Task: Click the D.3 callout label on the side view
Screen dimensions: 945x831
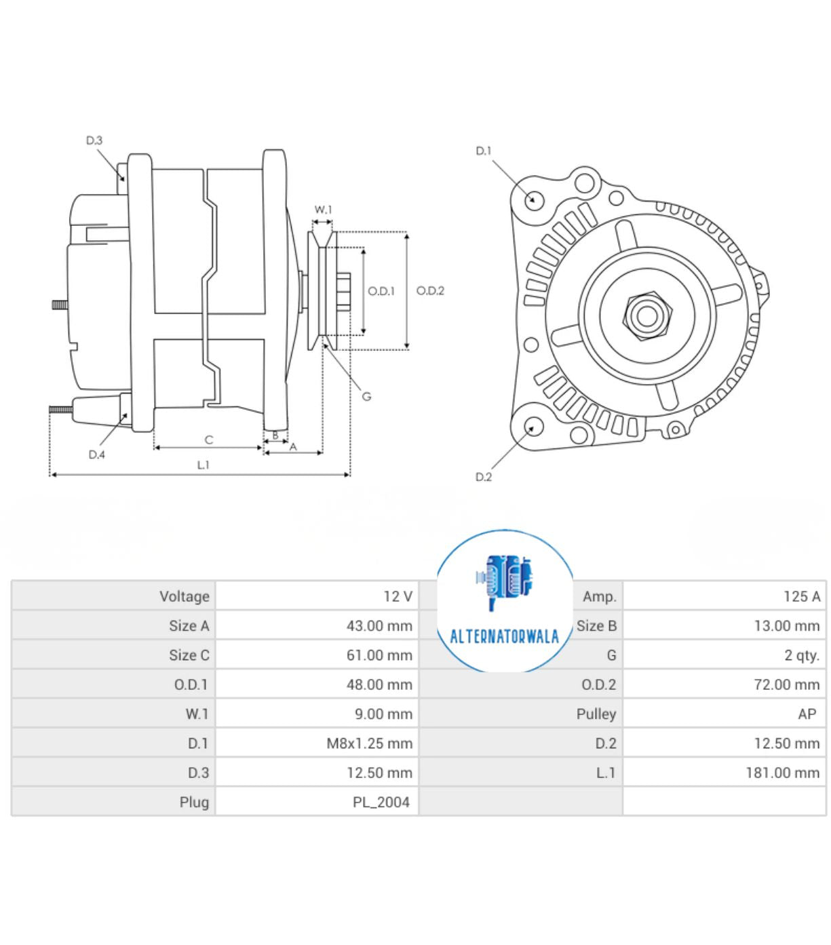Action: (x=94, y=140)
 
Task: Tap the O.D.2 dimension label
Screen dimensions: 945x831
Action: (x=430, y=290)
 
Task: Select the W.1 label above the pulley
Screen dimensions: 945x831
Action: (x=323, y=210)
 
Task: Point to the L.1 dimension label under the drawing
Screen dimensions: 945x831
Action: (x=203, y=465)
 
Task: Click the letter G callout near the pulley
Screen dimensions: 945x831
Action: (x=366, y=396)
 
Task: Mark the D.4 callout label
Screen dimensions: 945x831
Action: (x=96, y=455)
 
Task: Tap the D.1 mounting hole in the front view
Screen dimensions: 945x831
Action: (x=534, y=199)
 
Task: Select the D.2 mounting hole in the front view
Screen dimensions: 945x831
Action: (x=533, y=427)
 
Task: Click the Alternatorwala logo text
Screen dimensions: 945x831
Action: (x=504, y=636)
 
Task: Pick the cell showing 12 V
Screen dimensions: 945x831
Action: (x=398, y=596)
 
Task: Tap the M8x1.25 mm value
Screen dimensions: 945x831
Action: (x=369, y=744)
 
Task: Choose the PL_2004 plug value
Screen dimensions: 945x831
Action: (x=381, y=802)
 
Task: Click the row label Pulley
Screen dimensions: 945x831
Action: (x=596, y=714)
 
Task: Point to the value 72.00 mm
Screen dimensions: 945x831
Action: (x=786, y=684)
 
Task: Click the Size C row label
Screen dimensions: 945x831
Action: (x=189, y=655)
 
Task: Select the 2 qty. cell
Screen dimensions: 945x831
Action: (x=801, y=655)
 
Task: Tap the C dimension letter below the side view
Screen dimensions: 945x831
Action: (x=209, y=440)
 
